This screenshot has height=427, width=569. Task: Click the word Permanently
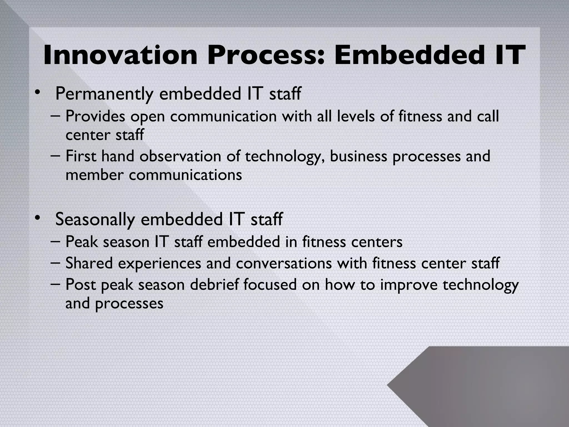[104, 94]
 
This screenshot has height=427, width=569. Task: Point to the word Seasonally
[95, 220]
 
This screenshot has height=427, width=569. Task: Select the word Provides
[95, 116]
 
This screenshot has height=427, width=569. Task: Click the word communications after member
[185, 175]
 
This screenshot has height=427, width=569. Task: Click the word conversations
[284, 263]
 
